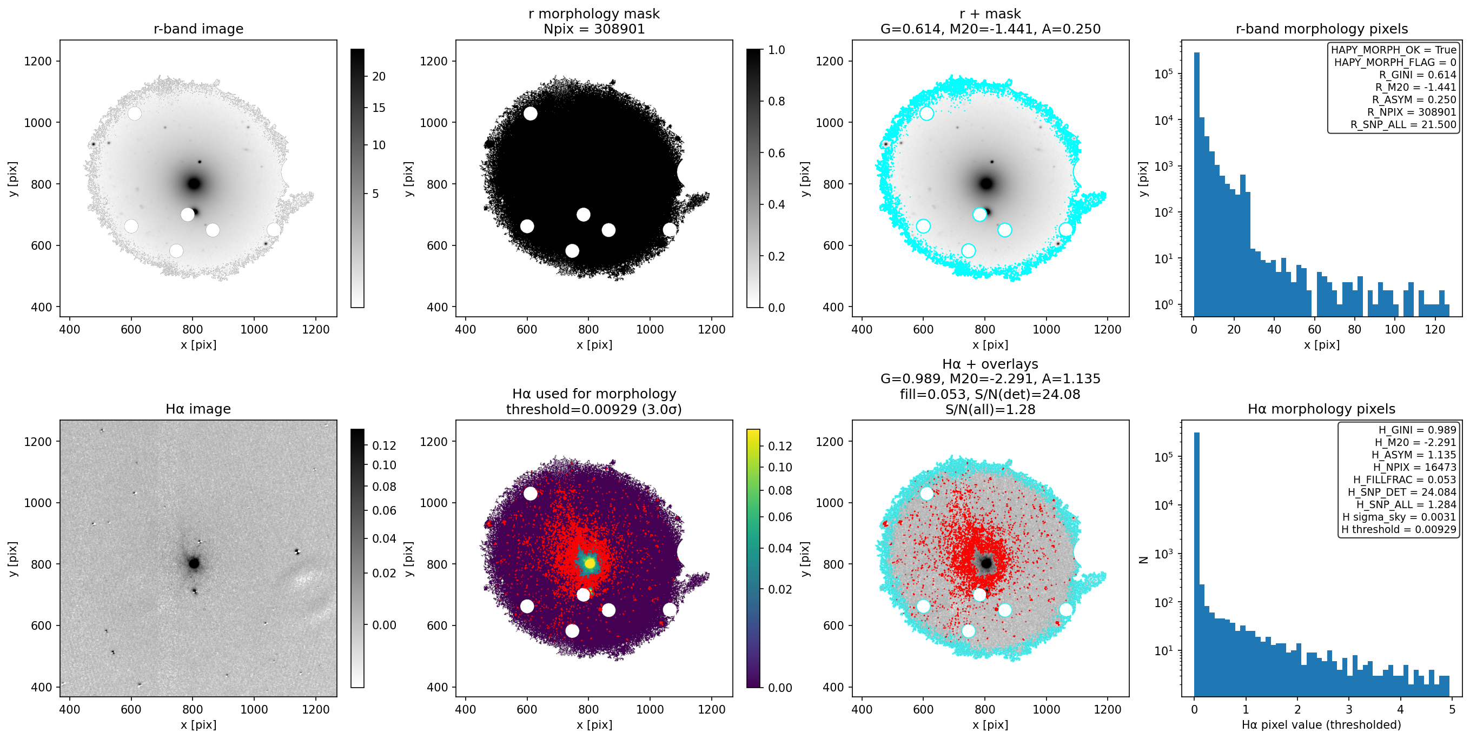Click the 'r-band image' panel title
coord(198,29)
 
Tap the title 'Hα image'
coord(198,409)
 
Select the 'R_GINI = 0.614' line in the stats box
coord(1418,75)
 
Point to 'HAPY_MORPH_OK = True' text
coord(1394,50)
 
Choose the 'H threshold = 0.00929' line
coord(1399,530)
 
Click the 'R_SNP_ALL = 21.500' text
coord(1403,124)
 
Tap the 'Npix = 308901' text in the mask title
coord(594,29)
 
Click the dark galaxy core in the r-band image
coord(194,184)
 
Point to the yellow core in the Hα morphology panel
coord(590,563)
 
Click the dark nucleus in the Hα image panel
coord(194,563)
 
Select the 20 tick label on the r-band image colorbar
coord(379,76)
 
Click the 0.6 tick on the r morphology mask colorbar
coord(777,153)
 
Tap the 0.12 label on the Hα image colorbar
coord(384,445)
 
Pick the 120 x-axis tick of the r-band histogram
coord(1435,329)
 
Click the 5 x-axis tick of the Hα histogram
coord(1452,709)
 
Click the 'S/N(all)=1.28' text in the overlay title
coord(990,409)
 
